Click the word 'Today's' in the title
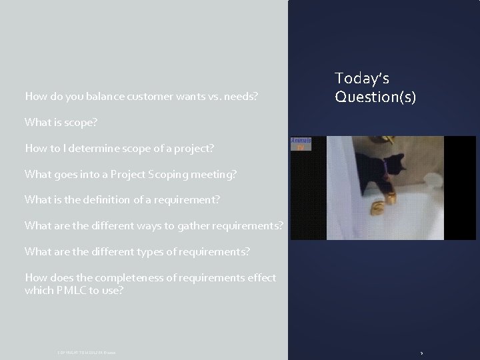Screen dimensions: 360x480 click(x=362, y=79)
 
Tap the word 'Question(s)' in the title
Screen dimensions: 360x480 click(x=375, y=97)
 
